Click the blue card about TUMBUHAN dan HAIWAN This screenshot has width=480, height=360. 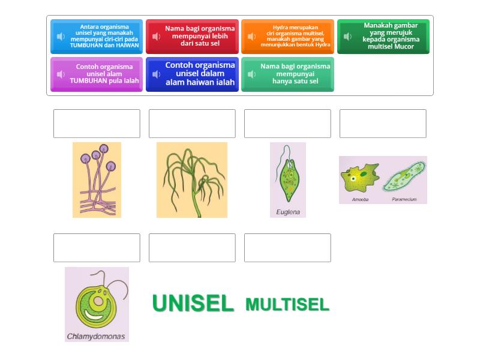coord(97,37)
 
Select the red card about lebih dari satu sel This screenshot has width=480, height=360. coord(192,37)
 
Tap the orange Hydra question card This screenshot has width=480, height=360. coord(288,37)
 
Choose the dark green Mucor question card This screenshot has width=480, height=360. coord(383,37)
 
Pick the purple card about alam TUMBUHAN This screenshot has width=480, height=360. coord(97,74)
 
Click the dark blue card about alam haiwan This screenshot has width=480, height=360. coord(192,74)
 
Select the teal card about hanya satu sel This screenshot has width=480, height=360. coord(288,74)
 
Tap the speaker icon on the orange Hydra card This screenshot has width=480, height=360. coord(252,37)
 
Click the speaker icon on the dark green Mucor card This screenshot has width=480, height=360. coord(347,37)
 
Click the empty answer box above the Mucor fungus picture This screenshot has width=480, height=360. coord(97,124)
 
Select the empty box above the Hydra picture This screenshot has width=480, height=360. coord(192,124)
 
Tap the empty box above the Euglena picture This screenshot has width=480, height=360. coord(287,124)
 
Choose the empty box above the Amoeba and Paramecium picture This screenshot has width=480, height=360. coord(383,124)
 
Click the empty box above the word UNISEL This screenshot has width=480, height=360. coord(192,248)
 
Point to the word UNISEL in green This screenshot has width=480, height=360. coord(193,304)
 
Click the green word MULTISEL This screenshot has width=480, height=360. coord(287,305)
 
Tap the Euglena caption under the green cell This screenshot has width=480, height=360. coord(288,212)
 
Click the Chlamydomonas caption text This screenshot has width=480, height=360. coord(96,336)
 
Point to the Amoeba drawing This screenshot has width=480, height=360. coord(359,178)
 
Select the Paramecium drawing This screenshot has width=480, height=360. coord(404,178)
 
